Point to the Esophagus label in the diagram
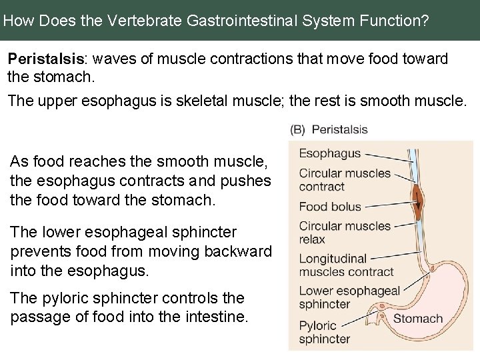pos(329,153)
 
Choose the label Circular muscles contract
pos(345,180)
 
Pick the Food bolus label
pos(329,207)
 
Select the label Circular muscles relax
pos(345,232)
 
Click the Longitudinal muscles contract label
pos(346,265)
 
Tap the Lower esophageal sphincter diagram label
pos(349,297)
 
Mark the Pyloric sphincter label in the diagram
pos(324,331)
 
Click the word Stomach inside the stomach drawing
pos(418,318)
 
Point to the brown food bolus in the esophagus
pos(417,198)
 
